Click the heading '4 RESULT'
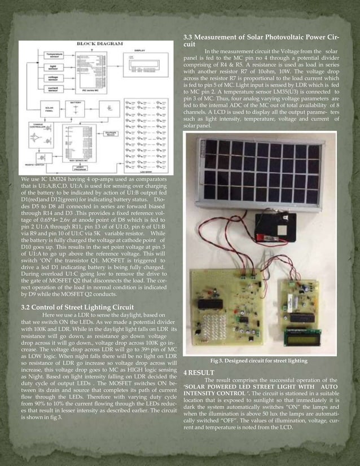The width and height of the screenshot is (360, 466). point(199,373)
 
